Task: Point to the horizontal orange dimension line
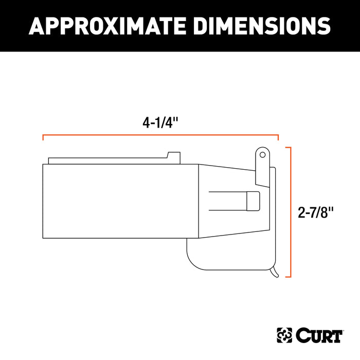[x=160, y=135]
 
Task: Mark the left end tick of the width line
[x=43, y=138]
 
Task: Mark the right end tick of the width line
[x=278, y=138]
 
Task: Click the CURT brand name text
[x=319, y=335]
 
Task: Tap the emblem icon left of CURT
[x=285, y=335]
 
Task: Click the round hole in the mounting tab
[x=262, y=154]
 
